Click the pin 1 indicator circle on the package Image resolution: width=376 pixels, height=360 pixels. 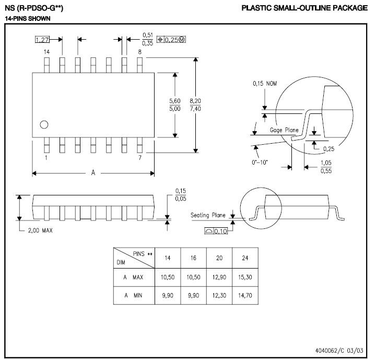click(44, 124)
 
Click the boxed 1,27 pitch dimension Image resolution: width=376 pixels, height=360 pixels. click(42, 39)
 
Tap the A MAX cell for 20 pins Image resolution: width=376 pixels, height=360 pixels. click(219, 277)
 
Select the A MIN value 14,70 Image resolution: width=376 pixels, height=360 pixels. click(245, 295)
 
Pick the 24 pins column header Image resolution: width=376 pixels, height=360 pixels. click(245, 258)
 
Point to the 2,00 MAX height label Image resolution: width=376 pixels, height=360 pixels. click(40, 230)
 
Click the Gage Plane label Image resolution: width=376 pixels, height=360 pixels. click(284, 130)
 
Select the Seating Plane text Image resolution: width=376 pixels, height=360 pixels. click(208, 215)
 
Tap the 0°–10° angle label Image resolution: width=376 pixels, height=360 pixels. click(260, 162)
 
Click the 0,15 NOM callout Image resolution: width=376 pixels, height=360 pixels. click(265, 84)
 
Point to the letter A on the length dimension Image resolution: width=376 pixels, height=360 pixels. click(93, 172)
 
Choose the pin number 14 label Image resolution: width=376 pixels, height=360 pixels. click(47, 52)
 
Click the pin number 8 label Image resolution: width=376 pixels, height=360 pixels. click(140, 52)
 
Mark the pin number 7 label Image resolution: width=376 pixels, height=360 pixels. click(140, 158)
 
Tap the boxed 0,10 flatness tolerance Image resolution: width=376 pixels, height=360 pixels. click(216, 231)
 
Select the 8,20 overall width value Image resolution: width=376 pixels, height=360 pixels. click(195, 101)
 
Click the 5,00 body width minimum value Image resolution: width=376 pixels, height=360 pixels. click(175, 109)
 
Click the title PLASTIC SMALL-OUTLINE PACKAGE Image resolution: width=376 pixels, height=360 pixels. click(304, 8)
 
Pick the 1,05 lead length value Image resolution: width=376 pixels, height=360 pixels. click(326, 162)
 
